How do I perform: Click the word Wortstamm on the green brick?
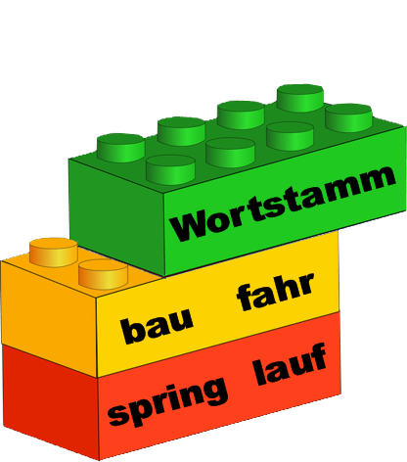pos(283,204)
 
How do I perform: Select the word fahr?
pos(276,292)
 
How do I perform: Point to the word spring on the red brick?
pos(167,402)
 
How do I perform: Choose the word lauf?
pos(291,364)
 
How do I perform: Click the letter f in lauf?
pos(318,356)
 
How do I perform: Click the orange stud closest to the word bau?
pos(103,274)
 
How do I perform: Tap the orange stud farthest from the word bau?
pos(54,253)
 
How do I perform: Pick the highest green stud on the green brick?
pos(300,98)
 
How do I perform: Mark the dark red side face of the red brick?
pos(51,401)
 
